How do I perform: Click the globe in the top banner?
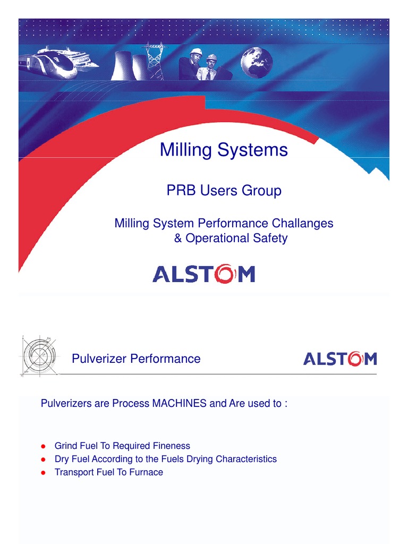[256, 63]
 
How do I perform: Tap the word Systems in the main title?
[256, 150]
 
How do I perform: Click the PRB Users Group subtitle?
[224, 191]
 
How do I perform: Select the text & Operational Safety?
[231, 238]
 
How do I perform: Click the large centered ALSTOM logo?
[203, 274]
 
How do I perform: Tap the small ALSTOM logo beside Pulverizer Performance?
[339, 359]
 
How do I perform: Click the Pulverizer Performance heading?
[136, 359]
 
